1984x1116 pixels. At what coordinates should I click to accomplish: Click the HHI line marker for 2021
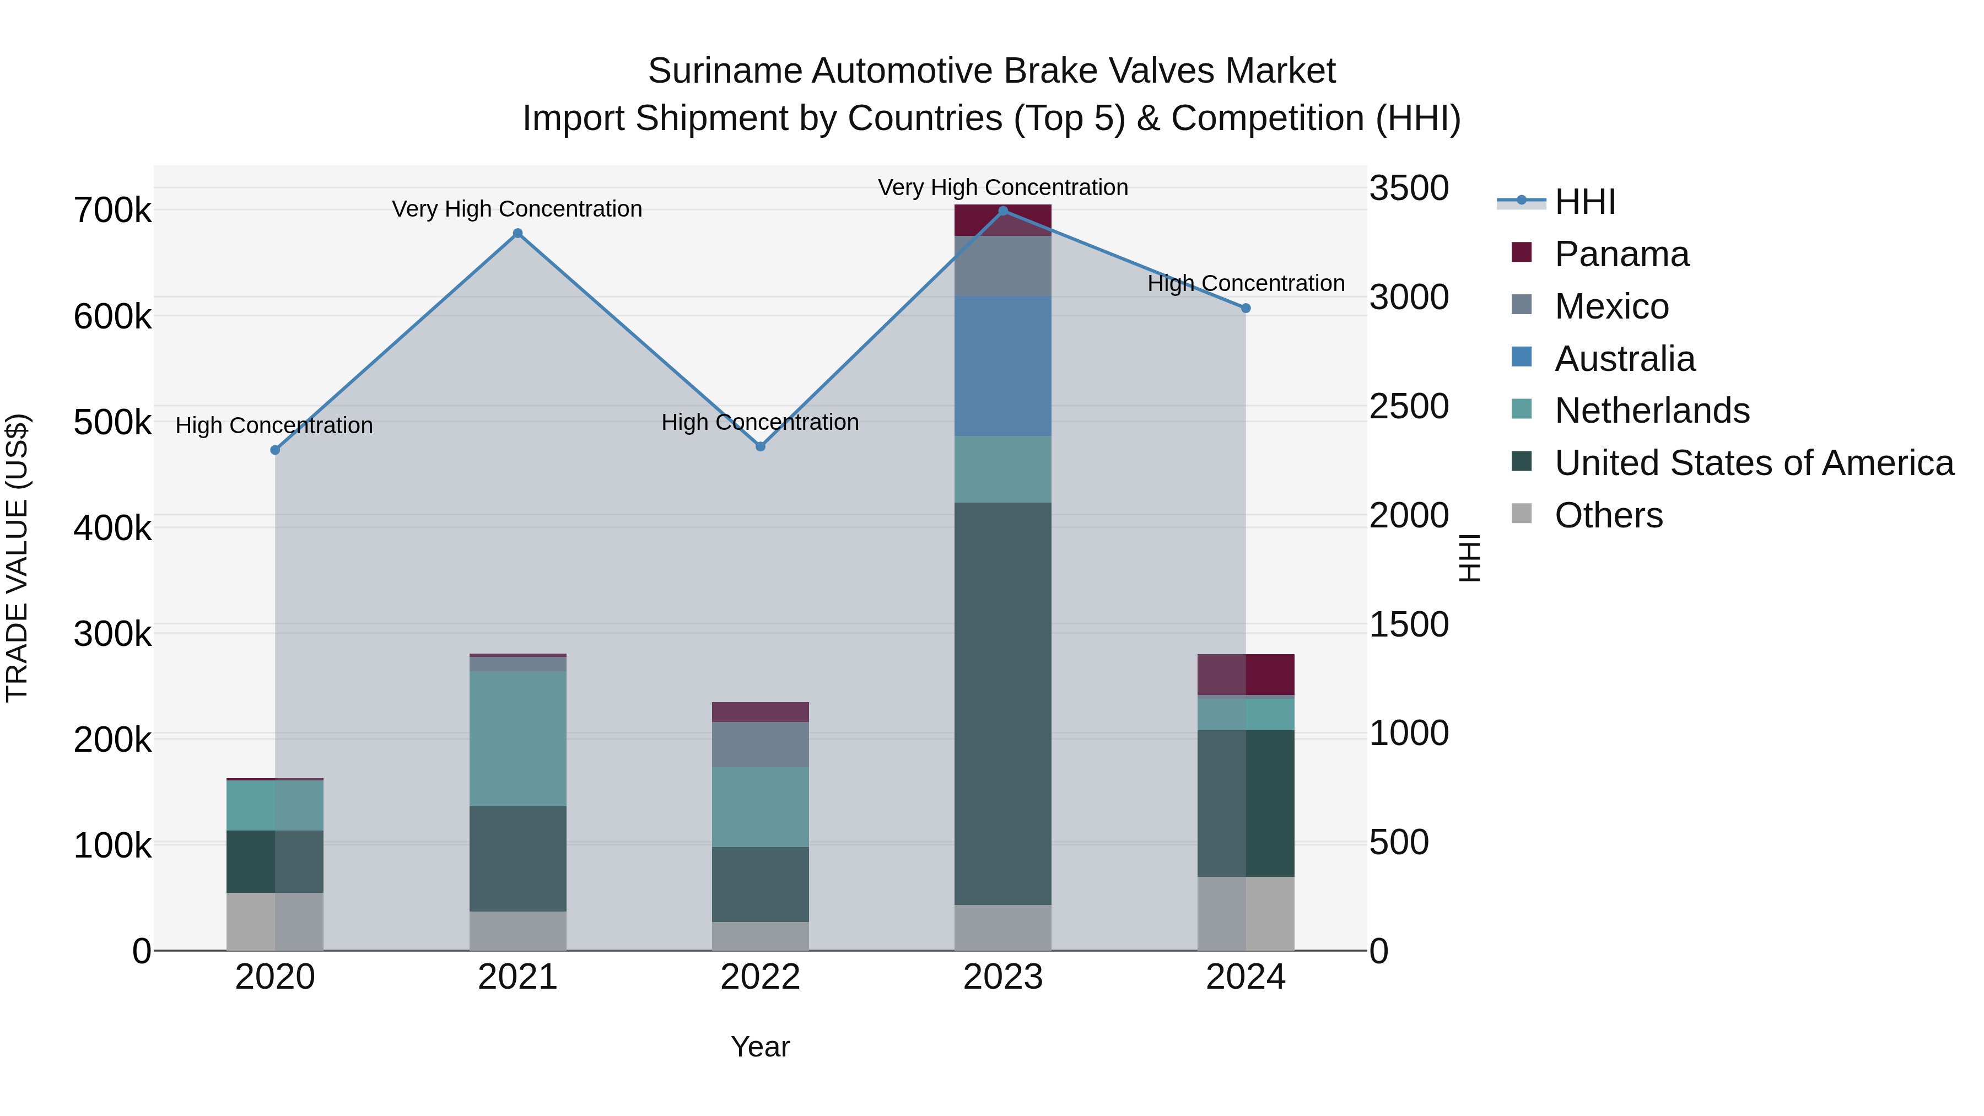tap(517, 233)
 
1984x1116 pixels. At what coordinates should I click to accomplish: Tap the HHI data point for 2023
tap(1003, 211)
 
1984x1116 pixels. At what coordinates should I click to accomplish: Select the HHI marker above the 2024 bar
tap(1246, 308)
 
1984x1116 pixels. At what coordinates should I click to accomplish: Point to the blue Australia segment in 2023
tap(1003, 366)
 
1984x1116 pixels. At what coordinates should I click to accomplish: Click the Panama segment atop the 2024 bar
tap(1246, 675)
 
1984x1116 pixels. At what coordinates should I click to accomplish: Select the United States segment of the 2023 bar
tap(1003, 703)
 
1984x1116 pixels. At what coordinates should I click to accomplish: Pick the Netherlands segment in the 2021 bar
tap(517, 738)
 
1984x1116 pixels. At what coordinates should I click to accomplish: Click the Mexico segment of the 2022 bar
tap(760, 744)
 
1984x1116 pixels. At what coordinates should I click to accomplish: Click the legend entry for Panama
tap(1621, 254)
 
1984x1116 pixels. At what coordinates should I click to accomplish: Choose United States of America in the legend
tap(1754, 463)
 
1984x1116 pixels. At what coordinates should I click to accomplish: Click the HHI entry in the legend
tap(1584, 202)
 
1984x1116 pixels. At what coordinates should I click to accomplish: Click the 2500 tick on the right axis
tap(1409, 407)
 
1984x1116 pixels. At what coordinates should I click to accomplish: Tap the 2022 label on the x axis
tap(760, 977)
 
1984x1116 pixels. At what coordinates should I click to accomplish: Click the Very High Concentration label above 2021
tap(517, 209)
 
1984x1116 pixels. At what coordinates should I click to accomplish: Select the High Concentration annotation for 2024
tap(1246, 283)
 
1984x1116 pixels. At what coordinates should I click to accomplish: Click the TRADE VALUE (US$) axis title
tap(17, 558)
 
